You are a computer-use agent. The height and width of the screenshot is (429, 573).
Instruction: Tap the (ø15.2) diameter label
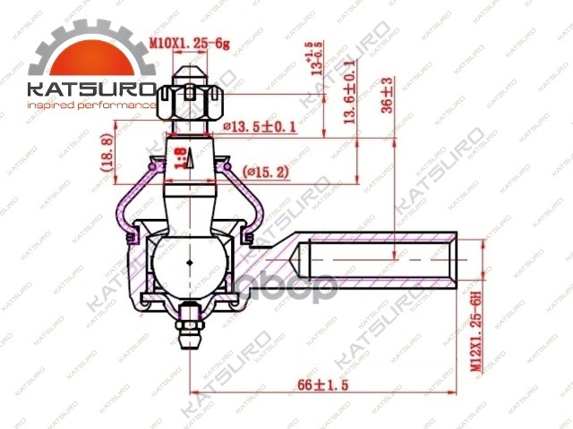click(266, 171)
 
